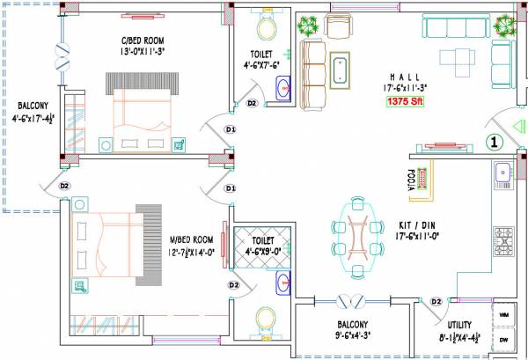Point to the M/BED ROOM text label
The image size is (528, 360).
tap(190, 240)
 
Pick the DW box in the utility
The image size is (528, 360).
tap(505, 339)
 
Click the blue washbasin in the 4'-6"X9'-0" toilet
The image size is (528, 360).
tap(282, 282)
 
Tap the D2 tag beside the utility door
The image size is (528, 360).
tap(436, 302)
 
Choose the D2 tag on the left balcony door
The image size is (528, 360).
tap(64, 186)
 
